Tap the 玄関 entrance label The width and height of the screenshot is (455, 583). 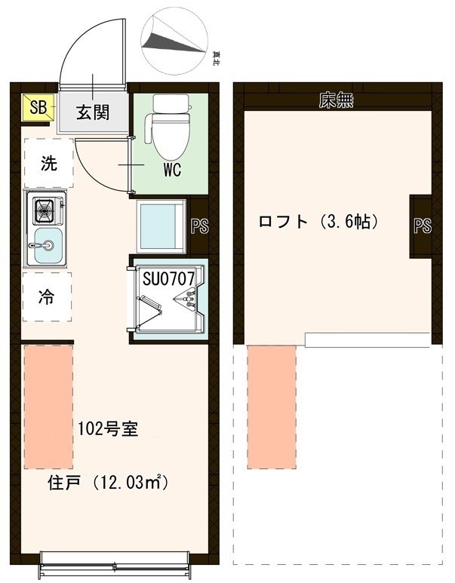(92, 112)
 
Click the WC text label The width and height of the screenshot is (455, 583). (172, 170)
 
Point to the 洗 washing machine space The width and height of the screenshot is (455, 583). (48, 164)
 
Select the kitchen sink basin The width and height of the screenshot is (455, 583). (47, 246)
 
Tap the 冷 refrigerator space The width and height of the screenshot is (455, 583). (47, 296)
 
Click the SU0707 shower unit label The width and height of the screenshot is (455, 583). (169, 278)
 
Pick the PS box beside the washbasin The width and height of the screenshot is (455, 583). (199, 226)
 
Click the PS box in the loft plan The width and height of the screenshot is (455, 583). (422, 226)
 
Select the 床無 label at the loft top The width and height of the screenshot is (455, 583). (336, 100)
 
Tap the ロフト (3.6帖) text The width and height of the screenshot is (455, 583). (318, 222)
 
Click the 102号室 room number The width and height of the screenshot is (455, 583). (107, 430)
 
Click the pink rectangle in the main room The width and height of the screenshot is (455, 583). (48, 407)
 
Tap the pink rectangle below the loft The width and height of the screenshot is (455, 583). (271, 407)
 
